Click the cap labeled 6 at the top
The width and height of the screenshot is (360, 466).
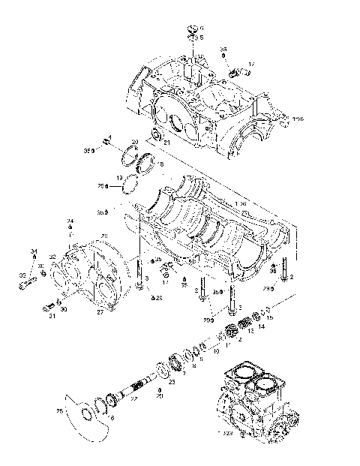(x=192, y=30)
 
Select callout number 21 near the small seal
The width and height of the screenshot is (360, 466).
(x=166, y=143)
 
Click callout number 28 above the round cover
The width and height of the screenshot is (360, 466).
(x=104, y=236)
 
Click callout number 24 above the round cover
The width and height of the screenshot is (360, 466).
(x=71, y=220)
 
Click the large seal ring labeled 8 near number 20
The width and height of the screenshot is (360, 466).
(x=143, y=159)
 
